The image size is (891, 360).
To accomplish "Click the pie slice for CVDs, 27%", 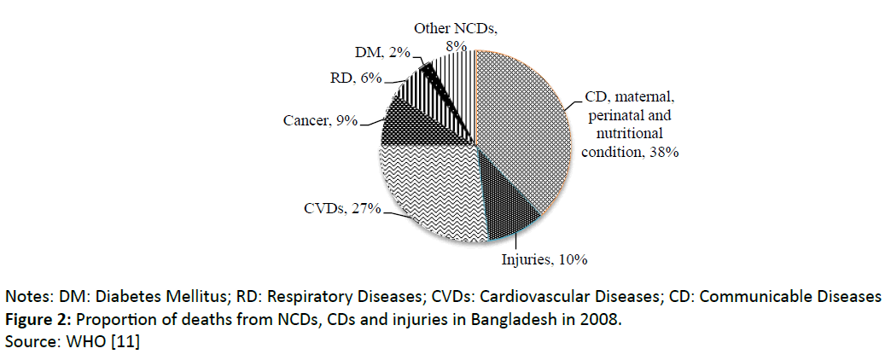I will coord(422,192).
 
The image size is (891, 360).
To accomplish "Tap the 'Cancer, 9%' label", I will coord(321,121).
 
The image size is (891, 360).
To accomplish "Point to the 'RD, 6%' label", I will coord(355,78).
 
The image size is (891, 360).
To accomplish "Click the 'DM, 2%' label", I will coord(381,54).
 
